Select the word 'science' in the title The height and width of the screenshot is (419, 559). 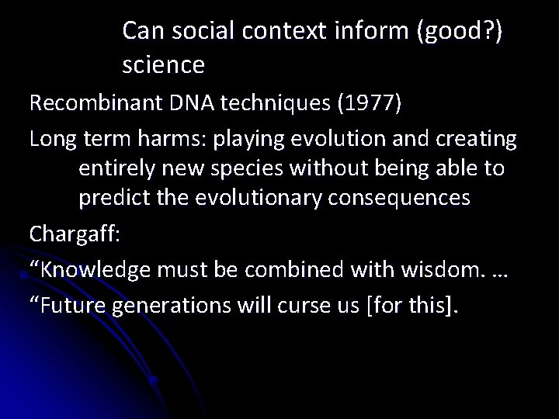[x=164, y=65]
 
